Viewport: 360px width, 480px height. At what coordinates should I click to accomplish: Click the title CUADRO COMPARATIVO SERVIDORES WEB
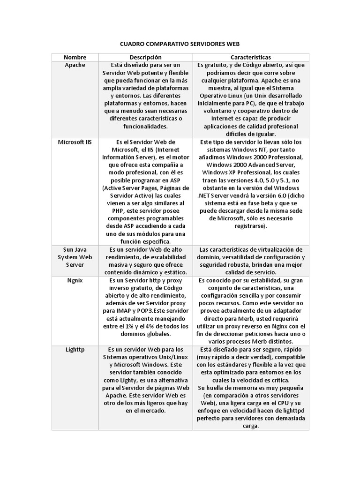point(180,44)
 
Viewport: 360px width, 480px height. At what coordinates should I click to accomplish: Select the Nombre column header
point(75,57)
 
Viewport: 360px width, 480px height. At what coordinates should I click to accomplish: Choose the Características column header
point(251,57)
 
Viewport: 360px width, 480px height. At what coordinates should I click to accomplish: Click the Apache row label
point(75,65)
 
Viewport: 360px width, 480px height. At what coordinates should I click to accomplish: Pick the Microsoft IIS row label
point(75,142)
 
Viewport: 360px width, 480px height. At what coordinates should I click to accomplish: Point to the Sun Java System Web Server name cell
point(75,257)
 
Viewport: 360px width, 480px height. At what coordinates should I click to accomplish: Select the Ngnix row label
point(75,280)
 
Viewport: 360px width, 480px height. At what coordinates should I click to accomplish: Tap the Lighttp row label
point(75,349)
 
